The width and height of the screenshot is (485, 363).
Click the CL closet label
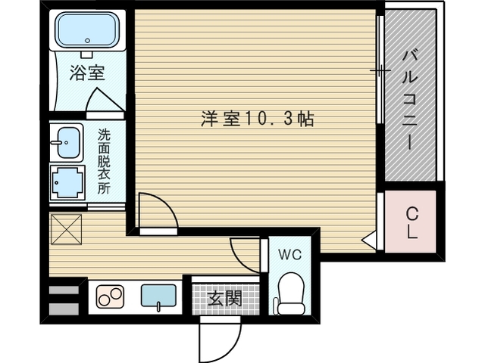tap(411, 223)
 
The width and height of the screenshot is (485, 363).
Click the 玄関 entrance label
tap(225, 298)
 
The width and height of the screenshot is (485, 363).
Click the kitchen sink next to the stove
tap(158, 296)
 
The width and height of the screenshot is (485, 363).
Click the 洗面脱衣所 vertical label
tap(103, 161)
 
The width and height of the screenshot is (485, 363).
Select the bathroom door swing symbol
tap(101, 101)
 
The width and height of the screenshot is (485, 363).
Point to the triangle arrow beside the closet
tap(369, 241)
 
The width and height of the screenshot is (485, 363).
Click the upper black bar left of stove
tap(64, 290)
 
